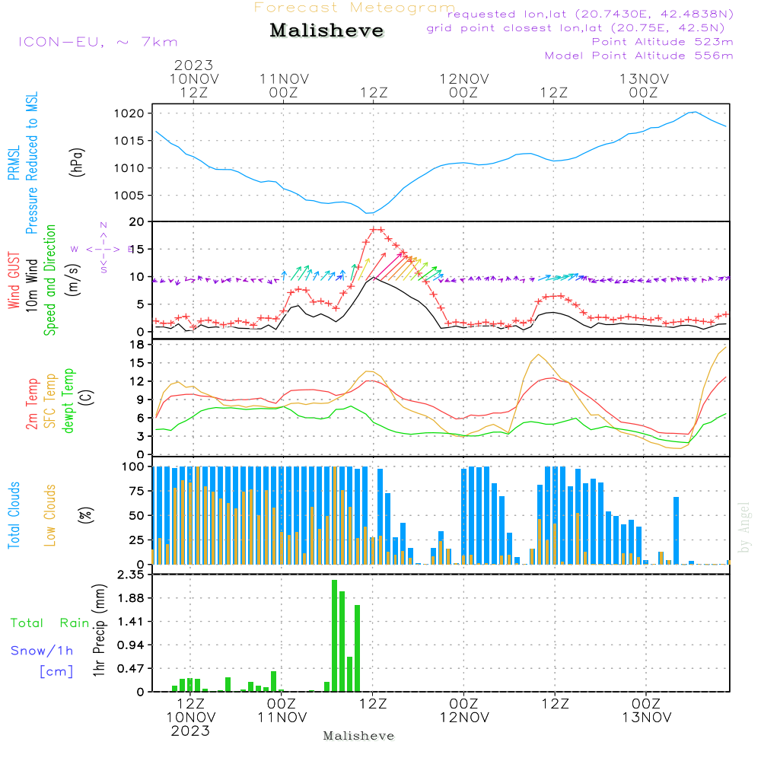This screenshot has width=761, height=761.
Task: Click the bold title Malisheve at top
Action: tap(326, 31)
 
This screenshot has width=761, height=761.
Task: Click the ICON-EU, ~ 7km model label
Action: tap(97, 41)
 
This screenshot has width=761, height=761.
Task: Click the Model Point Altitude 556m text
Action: tap(638, 56)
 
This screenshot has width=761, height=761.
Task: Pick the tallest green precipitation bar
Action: tap(334, 635)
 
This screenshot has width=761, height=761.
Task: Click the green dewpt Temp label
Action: tap(68, 401)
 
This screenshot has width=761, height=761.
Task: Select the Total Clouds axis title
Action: tap(14, 515)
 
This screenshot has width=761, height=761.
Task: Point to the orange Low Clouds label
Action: tap(50, 515)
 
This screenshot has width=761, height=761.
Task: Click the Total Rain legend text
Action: tap(49, 623)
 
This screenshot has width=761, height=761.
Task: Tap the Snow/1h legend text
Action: tap(42, 651)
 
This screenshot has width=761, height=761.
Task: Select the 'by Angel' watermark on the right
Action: tap(745, 527)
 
